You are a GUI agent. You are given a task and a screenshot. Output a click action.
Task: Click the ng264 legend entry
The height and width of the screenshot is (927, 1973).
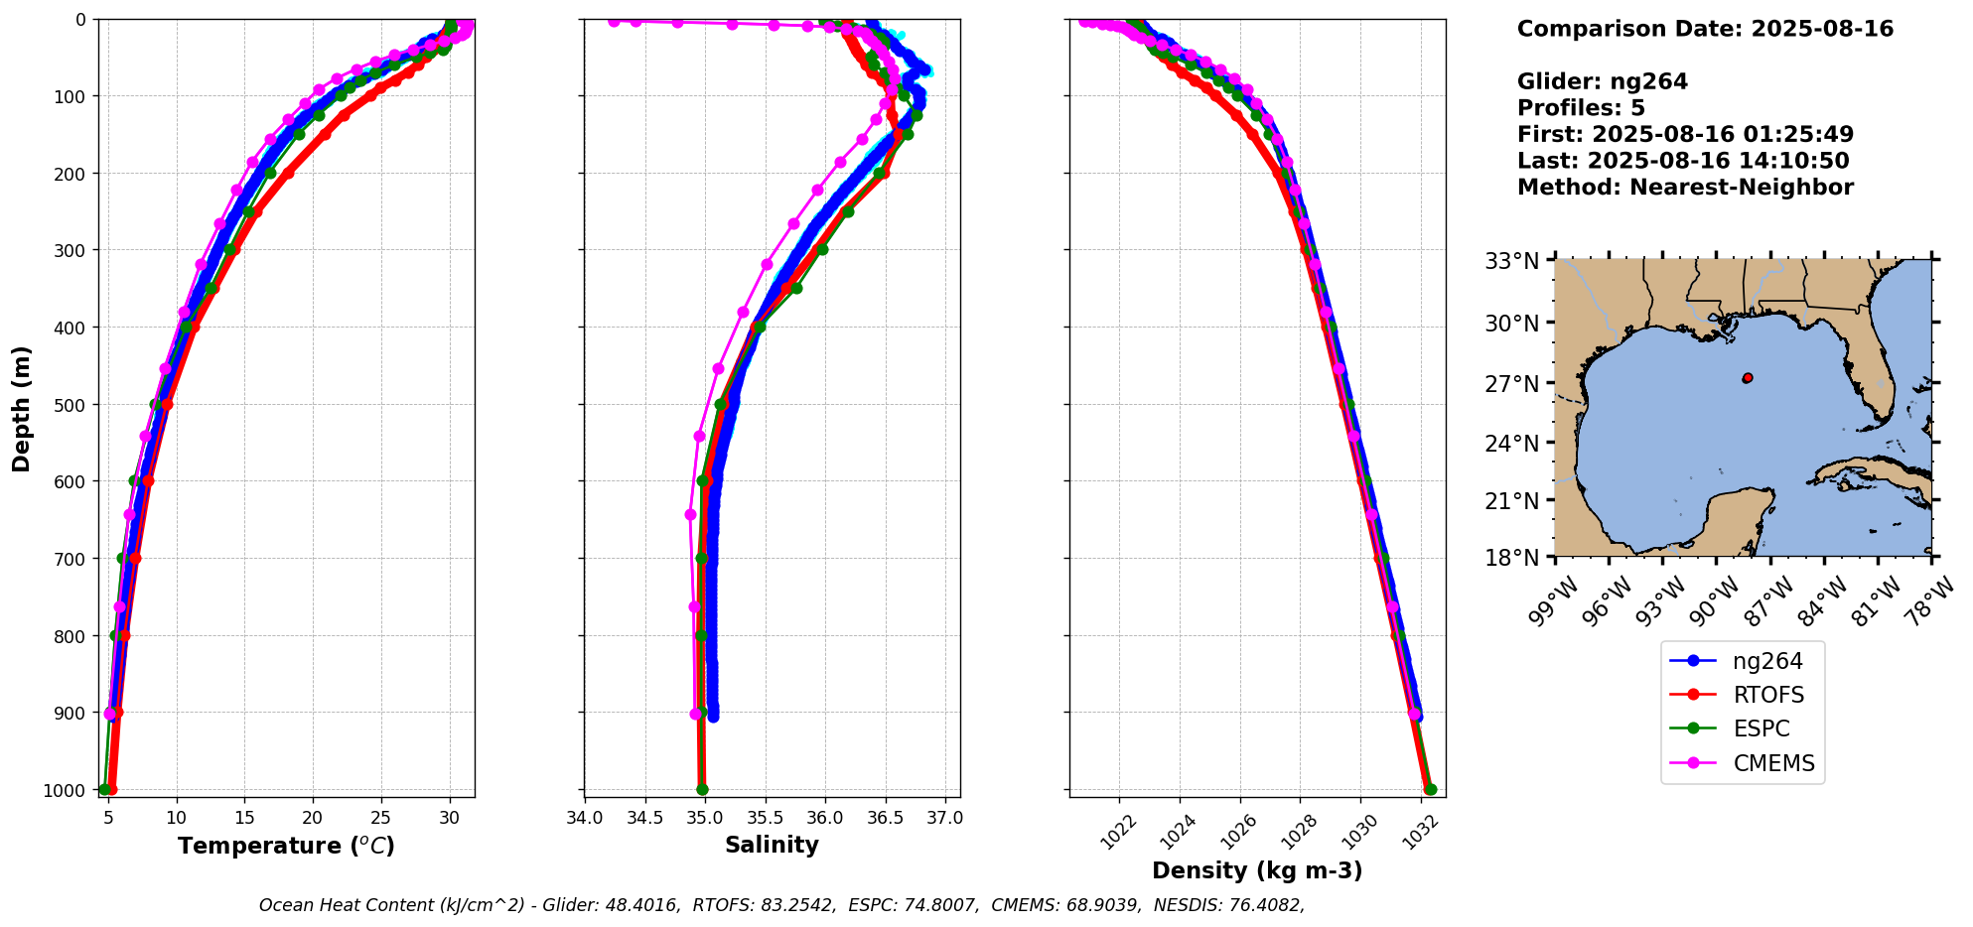coord(1766,661)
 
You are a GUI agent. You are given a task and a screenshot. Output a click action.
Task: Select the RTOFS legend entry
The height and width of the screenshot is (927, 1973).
coord(1768,695)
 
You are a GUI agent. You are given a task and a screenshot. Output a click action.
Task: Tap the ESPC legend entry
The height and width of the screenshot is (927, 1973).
coord(1762,728)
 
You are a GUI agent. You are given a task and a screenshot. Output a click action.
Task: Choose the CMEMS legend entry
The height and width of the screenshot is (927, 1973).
coord(1773,763)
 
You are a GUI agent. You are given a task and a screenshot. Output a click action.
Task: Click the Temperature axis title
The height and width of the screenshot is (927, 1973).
coord(286,846)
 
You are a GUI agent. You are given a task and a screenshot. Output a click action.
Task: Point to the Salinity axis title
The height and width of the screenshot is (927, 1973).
coord(772,846)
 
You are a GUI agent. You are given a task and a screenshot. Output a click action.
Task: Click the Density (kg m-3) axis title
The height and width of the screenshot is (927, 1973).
coord(1257,870)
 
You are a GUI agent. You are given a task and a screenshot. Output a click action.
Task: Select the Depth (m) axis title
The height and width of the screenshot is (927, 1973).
coord(22,408)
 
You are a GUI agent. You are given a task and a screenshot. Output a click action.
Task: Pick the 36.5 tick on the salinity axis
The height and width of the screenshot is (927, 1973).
coord(886,819)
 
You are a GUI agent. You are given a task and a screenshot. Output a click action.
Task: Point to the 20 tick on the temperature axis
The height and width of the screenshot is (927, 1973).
coord(313,819)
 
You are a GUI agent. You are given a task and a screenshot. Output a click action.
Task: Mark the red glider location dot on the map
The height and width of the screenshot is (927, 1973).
coord(1748,378)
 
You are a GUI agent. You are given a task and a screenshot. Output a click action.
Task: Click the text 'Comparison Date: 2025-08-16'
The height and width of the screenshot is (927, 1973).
coord(1705,29)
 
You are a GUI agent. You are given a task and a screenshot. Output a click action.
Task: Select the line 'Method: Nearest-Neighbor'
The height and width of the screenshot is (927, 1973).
coord(1685,188)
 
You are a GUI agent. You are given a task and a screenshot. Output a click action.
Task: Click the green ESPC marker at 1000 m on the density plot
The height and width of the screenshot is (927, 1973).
coord(1430,790)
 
